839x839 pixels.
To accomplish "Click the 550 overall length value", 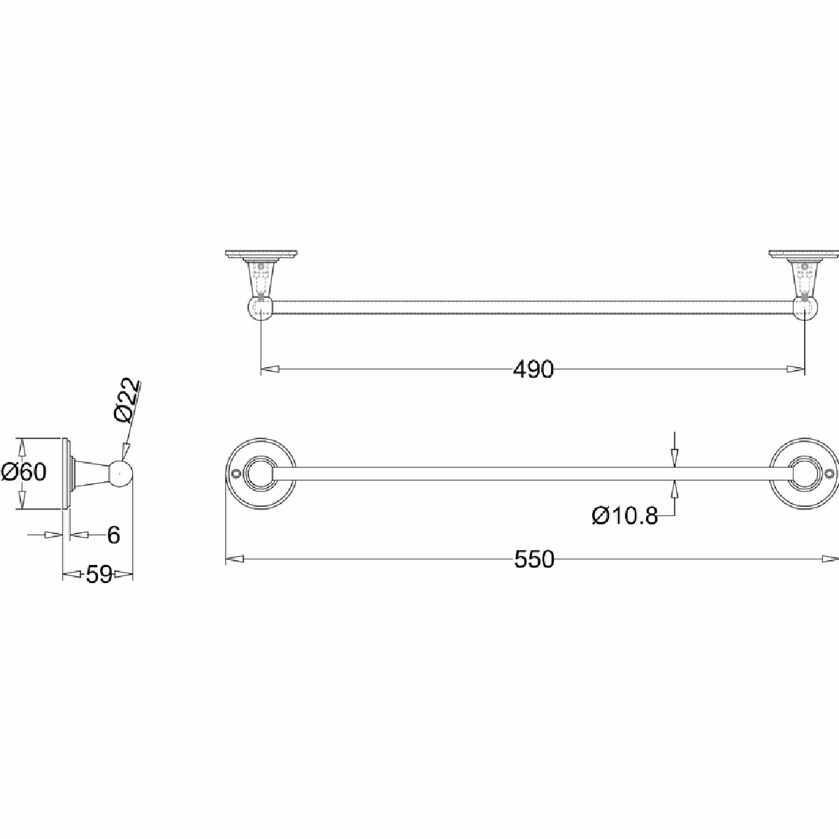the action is tap(534, 559).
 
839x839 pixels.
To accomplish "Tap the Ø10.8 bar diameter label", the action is tap(625, 517).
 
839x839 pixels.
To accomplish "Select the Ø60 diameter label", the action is tap(24, 471).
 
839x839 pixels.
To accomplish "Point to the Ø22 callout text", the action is tap(128, 400).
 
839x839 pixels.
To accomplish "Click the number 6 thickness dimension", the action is tap(113, 535).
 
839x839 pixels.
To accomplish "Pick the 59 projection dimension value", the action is tap(99, 575).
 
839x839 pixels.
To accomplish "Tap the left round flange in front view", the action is tap(260, 473).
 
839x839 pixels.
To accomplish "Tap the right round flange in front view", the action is tap(804, 473).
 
